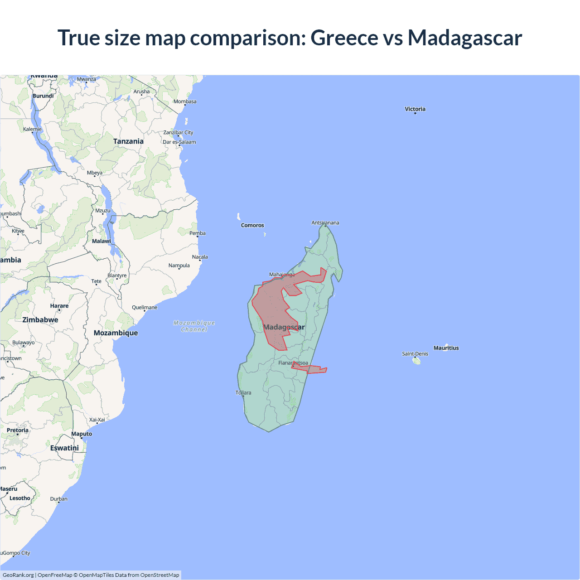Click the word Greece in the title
344,38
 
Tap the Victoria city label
415,109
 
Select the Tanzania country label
128,141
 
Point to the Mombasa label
185,101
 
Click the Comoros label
252,225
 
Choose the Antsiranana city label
325,222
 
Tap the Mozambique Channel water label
194,326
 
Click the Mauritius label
446,348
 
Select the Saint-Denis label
415,354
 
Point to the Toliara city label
243,392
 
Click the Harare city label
59,306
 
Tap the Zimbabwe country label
40,320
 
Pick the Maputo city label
82,434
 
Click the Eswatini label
64,448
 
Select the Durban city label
59,499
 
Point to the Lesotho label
20,498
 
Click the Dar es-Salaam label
179,142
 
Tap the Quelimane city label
145,307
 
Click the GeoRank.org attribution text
18,575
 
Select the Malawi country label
101,241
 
